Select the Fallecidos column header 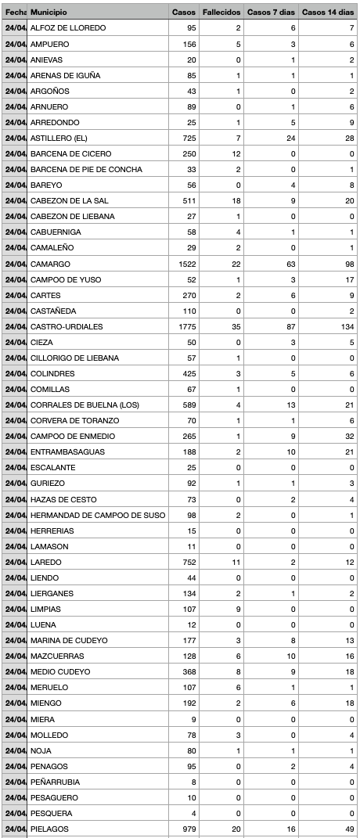pyautogui.click(x=220, y=13)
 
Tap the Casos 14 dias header pyautogui.click(x=328, y=13)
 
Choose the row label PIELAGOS pyautogui.click(x=49, y=829)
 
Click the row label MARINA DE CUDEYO pyautogui.click(x=69, y=640)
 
